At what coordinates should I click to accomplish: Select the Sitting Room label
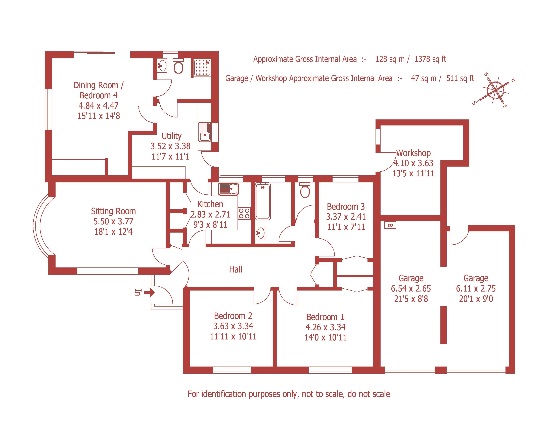pyautogui.click(x=113, y=211)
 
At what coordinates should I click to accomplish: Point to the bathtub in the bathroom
pyautogui.click(x=263, y=201)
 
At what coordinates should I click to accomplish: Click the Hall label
pyautogui.click(x=236, y=269)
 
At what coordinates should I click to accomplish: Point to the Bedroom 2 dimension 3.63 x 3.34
pyautogui.click(x=233, y=326)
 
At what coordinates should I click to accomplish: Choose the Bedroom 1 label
pyautogui.click(x=325, y=317)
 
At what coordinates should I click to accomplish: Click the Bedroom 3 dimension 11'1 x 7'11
pyautogui.click(x=346, y=227)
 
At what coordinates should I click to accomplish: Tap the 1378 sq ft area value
pyautogui.click(x=430, y=59)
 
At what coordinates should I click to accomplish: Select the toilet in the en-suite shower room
pyautogui.click(x=178, y=66)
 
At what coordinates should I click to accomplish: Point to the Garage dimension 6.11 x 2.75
pyautogui.click(x=476, y=289)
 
